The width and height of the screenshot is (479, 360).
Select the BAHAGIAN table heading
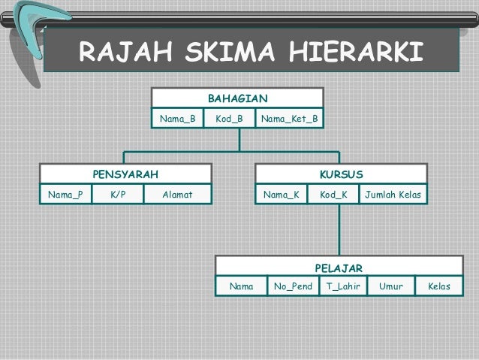click(237, 98)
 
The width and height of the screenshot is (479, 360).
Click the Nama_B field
click(177, 119)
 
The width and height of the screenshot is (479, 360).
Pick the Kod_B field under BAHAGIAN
click(229, 119)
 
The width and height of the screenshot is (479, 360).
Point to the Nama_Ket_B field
click(289, 119)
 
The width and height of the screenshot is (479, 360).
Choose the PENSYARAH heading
click(125, 174)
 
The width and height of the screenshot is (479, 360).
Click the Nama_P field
click(65, 195)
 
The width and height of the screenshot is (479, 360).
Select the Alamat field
click(178, 195)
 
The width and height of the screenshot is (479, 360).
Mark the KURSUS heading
click(342, 174)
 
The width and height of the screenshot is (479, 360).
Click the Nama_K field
click(282, 195)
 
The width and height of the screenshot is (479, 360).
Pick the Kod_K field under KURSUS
click(333, 195)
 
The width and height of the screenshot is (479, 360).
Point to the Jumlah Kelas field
click(393, 195)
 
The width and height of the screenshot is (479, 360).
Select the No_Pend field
click(293, 286)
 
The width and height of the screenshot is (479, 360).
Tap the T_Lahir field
click(342, 286)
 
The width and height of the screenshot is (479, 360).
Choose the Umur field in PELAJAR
click(390, 286)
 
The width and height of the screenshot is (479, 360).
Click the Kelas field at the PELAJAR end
click(438, 286)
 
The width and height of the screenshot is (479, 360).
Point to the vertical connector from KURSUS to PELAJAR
click(339, 229)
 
